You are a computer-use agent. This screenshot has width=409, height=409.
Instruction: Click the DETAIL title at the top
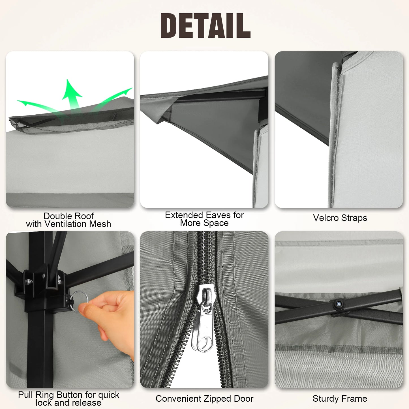click(x=205, y=26)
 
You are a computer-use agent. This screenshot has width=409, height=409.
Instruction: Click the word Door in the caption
click(x=244, y=399)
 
